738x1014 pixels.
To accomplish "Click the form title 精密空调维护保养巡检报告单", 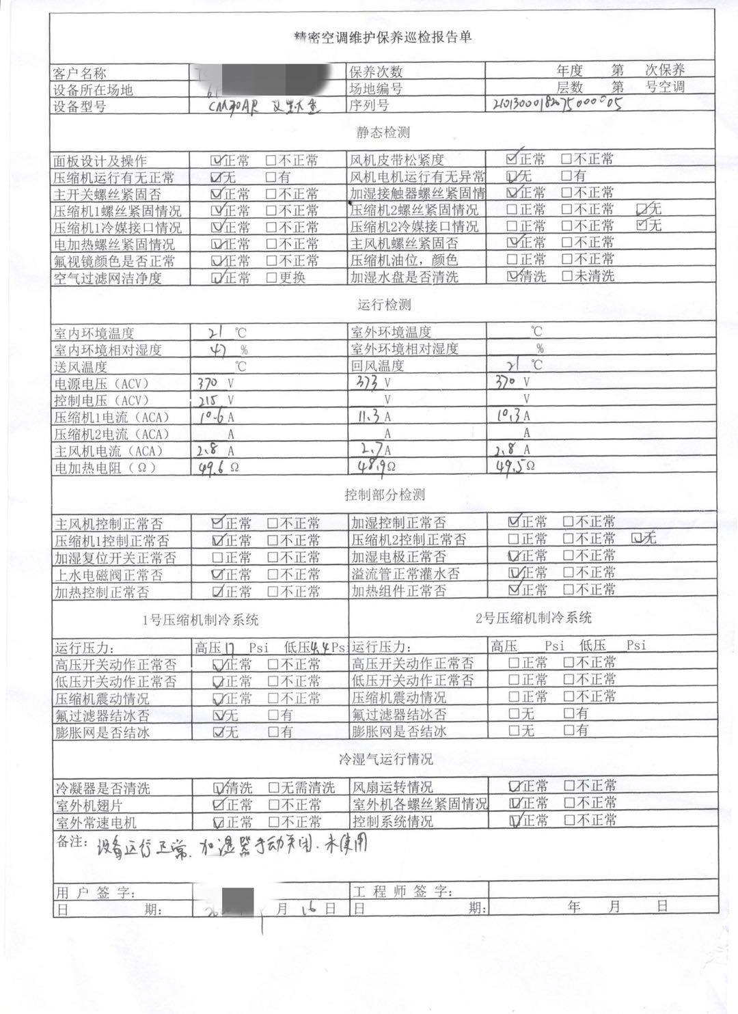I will (382, 37).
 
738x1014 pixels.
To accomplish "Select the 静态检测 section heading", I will (383, 133).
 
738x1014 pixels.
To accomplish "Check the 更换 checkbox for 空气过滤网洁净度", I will (271, 277).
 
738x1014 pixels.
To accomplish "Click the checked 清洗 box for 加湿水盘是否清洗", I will (512, 276).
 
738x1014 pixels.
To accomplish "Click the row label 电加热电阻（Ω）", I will (105, 468).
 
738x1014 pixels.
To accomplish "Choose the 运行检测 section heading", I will (383, 305).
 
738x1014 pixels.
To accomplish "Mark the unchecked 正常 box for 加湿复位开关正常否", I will (217, 557).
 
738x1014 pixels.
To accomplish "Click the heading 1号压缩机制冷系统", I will (200, 620).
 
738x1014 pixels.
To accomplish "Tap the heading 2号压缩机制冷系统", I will (533, 618).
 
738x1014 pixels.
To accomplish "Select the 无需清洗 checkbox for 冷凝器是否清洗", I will (273, 787).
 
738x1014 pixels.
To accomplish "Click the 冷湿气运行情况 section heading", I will (385, 760).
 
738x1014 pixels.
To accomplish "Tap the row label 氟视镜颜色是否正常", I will (114, 261).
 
